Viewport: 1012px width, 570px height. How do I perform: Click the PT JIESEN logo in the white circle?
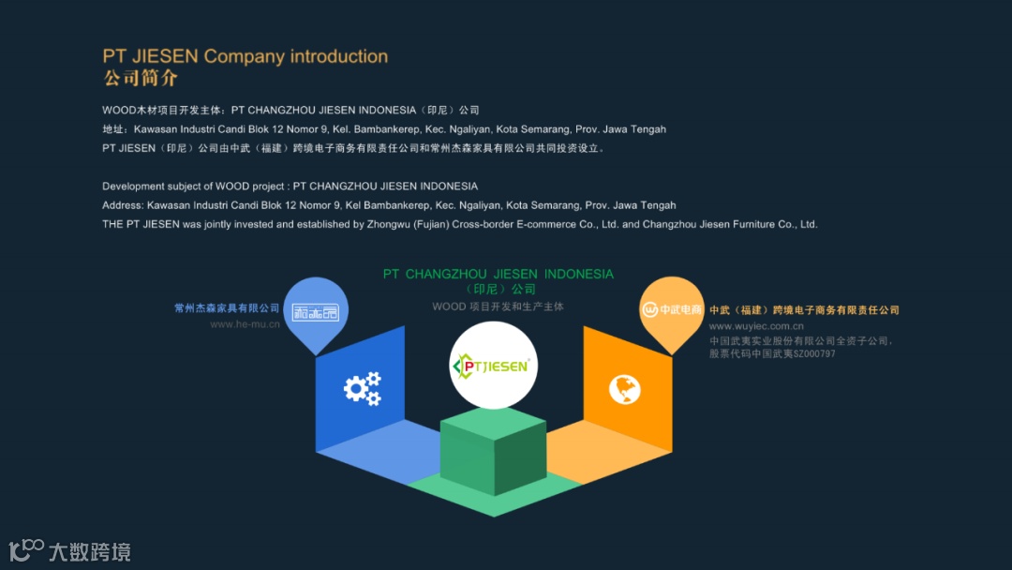click(x=493, y=366)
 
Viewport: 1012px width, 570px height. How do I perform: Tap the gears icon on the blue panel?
click(x=363, y=388)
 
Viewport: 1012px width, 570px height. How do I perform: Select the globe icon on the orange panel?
click(x=624, y=388)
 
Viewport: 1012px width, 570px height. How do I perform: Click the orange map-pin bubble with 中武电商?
click(x=672, y=310)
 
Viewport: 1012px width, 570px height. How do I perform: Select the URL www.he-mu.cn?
click(x=245, y=324)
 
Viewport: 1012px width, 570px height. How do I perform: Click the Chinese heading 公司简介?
click(x=141, y=78)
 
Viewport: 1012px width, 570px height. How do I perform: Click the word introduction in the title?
click(x=338, y=56)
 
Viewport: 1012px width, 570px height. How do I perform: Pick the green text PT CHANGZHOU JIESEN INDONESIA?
click(x=498, y=274)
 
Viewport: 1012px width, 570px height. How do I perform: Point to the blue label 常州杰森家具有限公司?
click(x=227, y=308)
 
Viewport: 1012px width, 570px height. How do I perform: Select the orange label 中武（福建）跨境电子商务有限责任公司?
click(x=804, y=310)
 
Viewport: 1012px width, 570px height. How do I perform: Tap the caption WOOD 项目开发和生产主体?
click(x=498, y=307)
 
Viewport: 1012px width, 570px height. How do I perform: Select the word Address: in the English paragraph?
click(x=123, y=205)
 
